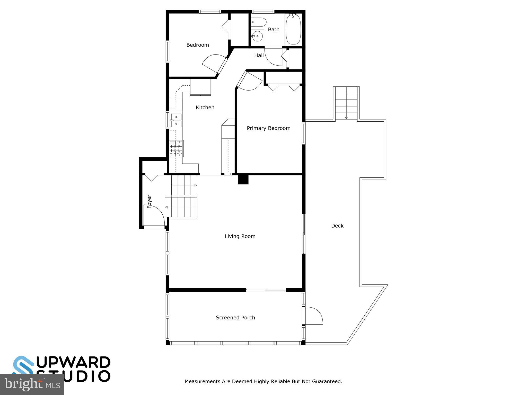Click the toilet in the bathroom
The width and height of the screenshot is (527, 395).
[x=259, y=22]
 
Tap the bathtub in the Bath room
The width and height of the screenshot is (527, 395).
[x=293, y=29]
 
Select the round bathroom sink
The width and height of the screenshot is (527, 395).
[x=258, y=36]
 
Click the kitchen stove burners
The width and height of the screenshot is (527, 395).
[x=177, y=148]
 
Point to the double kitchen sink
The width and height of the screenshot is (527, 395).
[x=176, y=120]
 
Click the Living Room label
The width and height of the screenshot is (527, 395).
[x=240, y=236]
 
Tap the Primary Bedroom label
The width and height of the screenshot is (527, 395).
[x=268, y=128]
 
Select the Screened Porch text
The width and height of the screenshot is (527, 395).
[x=235, y=318]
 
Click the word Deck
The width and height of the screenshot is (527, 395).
[x=337, y=226]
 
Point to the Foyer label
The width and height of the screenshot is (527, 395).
[x=149, y=201]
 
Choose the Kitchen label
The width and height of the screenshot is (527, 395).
[x=205, y=107]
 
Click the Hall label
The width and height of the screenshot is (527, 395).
[x=259, y=55]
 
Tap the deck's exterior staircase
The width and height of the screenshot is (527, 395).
[x=346, y=103]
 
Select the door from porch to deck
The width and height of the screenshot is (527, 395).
[x=313, y=316]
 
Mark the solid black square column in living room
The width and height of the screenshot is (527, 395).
[x=243, y=179]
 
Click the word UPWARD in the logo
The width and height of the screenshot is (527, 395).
[x=73, y=362]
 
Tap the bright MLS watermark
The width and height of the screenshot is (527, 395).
[x=32, y=384]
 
